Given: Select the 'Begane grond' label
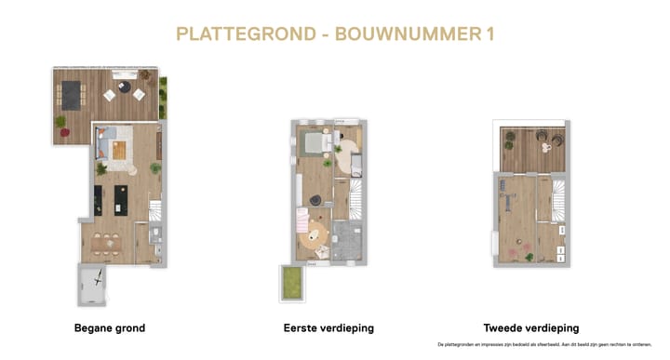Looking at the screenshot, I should tap(110, 328).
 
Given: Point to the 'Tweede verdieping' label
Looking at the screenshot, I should tap(531, 328).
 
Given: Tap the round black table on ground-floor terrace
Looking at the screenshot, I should tap(124, 91).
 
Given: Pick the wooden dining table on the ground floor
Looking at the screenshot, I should tap(109, 245).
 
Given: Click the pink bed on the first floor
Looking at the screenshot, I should tap(301, 220).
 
